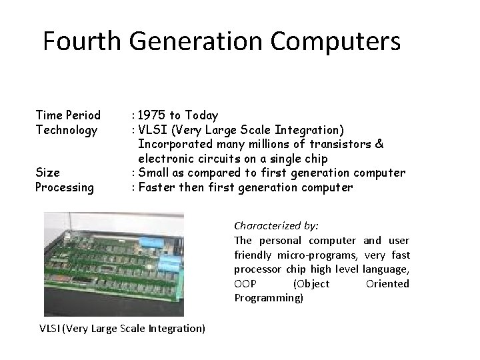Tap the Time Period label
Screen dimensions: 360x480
pos(68,115)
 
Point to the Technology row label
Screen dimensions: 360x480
pos(67,129)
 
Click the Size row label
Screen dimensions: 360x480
pos(47,173)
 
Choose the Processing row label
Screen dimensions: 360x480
pos(65,187)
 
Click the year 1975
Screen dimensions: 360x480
pos(151,115)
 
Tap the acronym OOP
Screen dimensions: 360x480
pos(243,283)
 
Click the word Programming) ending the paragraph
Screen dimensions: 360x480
pos(268,298)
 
